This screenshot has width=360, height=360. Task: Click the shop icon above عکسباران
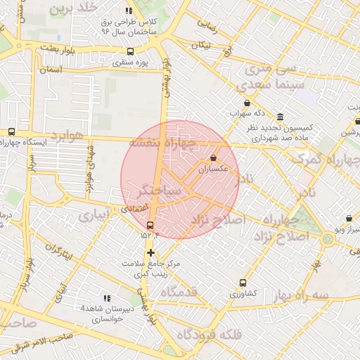point(213,159)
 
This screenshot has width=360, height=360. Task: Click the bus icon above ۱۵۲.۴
point(149,225)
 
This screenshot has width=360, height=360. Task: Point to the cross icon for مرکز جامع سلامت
point(150,252)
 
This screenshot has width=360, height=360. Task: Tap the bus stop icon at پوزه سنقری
point(129,51)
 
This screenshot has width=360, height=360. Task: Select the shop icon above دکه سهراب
point(246,103)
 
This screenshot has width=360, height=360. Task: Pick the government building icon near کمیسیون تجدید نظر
point(280,117)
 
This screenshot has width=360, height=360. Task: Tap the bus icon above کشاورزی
point(243,283)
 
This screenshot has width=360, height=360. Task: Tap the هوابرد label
point(67,135)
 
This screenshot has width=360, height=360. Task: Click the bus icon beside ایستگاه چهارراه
point(11,131)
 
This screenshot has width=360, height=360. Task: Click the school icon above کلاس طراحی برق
point(128,11)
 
